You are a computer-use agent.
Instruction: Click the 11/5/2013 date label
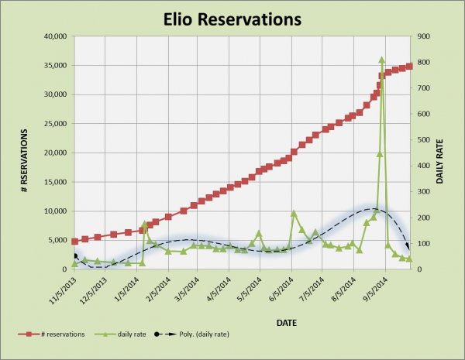(60, 293)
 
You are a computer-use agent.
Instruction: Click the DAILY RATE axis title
(439, 153)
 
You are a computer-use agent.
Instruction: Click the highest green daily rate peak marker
(382, 60)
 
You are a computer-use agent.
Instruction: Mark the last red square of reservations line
(410, 67)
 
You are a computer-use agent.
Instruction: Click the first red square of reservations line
(74, 242)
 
